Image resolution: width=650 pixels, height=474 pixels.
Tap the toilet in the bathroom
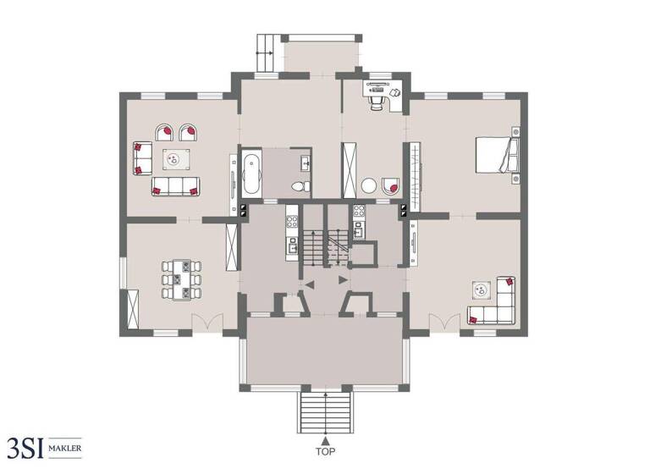[x=299, y=186]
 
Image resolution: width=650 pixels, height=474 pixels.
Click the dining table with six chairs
[x=181, y=279]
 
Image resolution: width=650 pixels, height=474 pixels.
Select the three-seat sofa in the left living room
[x=175, y=187]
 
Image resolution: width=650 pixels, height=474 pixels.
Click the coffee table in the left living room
[x=176, y=158]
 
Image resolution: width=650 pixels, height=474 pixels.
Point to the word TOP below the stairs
[x=325, y=452]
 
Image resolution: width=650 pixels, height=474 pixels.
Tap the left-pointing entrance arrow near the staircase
[x=309, y=284]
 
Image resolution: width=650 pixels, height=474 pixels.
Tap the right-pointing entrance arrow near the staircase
[x=341, y=279]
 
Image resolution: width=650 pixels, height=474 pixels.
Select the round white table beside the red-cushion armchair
[x=369, y=185]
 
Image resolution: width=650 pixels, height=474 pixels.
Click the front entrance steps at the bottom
[x=325, y=412]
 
